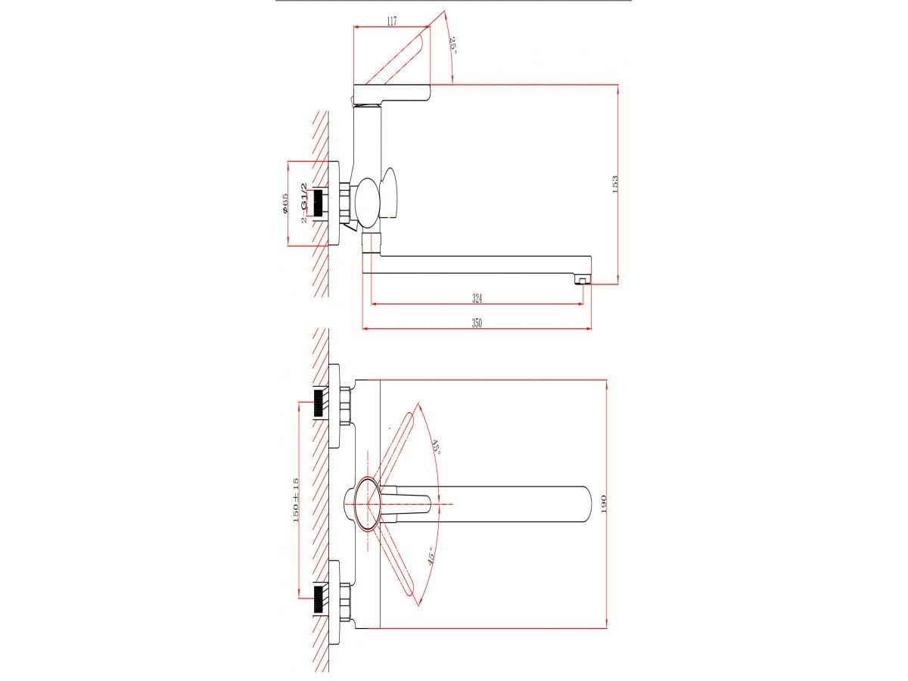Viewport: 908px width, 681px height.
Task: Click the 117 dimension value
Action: pos(391,21)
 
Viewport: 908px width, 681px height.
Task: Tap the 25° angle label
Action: pos(454,45)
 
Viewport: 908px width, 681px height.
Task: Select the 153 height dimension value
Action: pos(614,185)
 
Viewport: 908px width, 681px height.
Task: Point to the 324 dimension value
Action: pos(477,297)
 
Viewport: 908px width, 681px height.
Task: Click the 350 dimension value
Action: pos(477,323)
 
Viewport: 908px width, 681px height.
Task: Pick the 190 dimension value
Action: pos(603,504)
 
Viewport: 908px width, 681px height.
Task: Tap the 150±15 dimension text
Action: pos(295,500)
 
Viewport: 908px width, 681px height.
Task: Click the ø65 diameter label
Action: pos(285,204)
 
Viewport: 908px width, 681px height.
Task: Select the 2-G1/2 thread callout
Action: pos(304,203)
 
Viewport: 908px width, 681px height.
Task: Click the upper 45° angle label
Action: pos(436,447)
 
